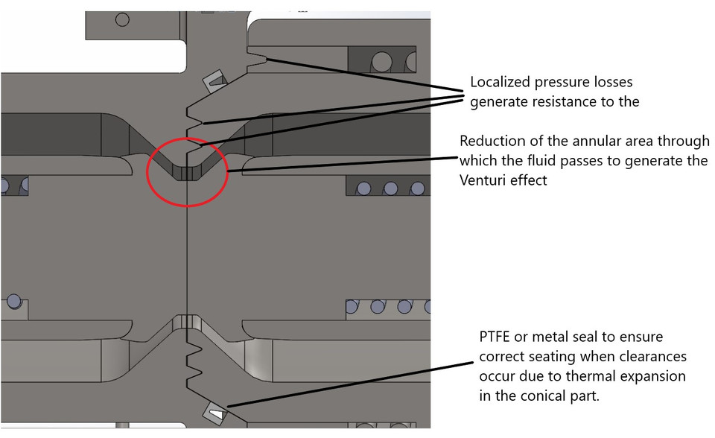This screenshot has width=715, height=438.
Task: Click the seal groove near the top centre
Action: (213, 80)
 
